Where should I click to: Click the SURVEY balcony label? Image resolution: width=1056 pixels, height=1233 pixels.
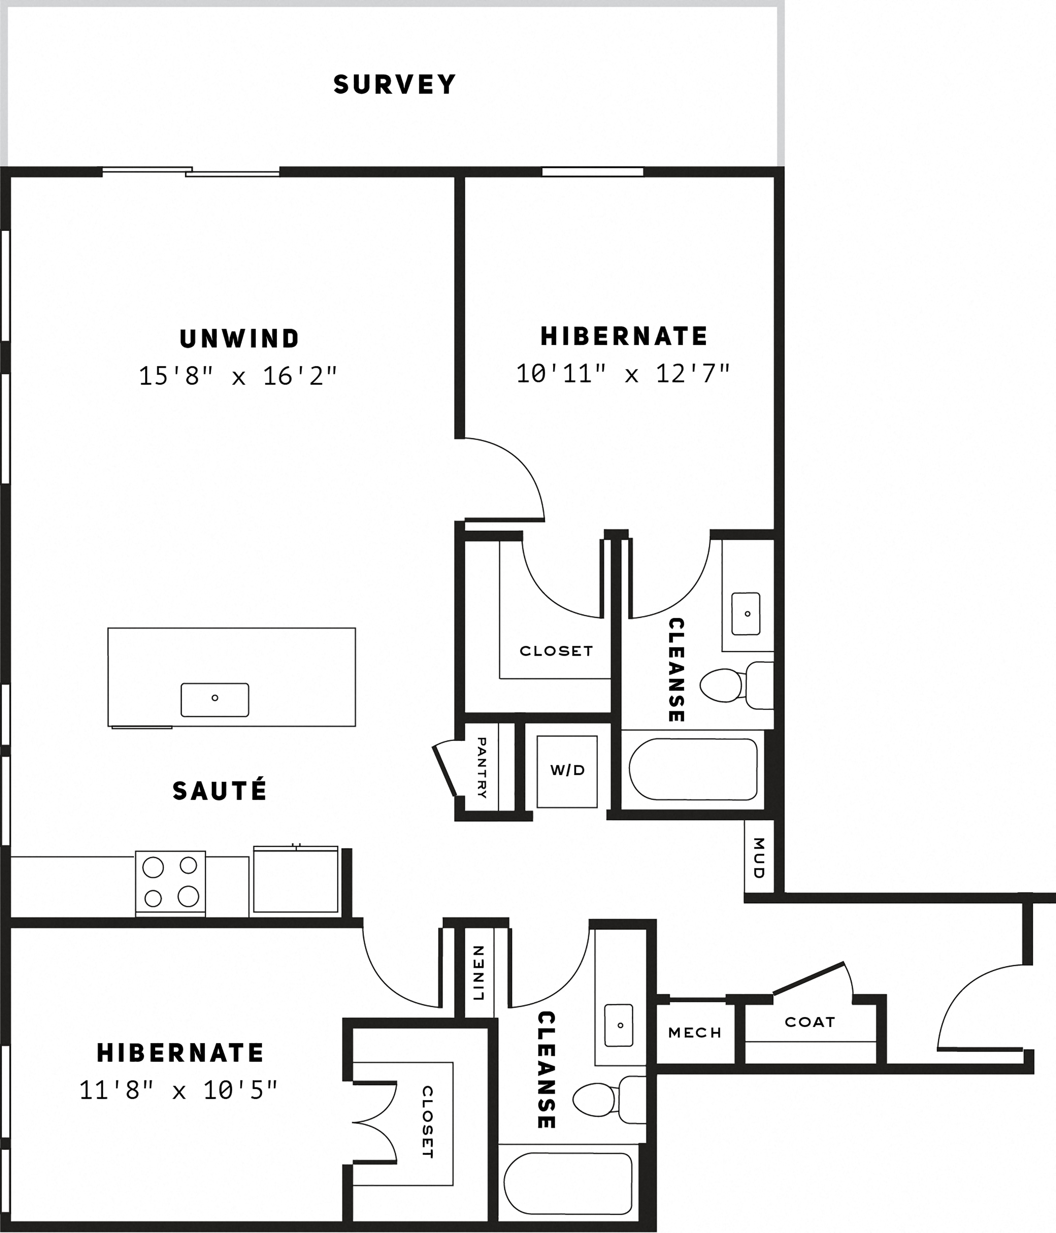point(395,84)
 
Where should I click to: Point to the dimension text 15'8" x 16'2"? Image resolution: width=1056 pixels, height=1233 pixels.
point(238,376)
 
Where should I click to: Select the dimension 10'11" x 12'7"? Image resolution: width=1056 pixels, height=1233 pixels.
point(623,374)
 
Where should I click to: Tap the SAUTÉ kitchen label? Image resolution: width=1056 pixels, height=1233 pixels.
point(220,791)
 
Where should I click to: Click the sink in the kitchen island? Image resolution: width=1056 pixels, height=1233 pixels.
point(215,700)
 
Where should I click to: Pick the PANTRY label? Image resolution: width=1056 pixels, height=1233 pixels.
point(482,768)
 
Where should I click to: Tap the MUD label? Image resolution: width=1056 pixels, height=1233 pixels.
point(759,858)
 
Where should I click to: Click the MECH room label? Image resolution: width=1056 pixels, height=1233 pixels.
point(695,1032)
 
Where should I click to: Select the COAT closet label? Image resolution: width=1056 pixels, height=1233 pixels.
point(810,1022)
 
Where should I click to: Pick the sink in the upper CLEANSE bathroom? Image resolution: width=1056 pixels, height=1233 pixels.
point(746,614)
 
